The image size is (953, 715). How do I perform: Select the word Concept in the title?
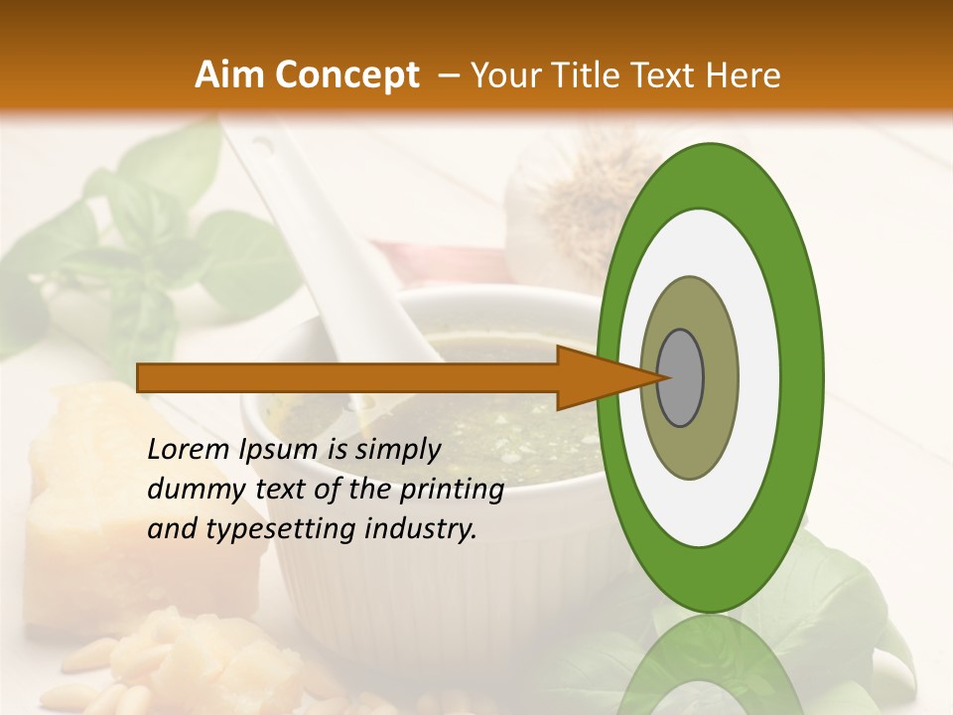point(346,75)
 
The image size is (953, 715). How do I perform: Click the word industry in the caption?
point(422,529)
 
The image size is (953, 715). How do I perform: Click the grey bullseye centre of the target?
point(681,378)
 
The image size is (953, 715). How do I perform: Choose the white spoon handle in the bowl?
point(328,238)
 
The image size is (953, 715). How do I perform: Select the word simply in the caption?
point(397,450)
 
